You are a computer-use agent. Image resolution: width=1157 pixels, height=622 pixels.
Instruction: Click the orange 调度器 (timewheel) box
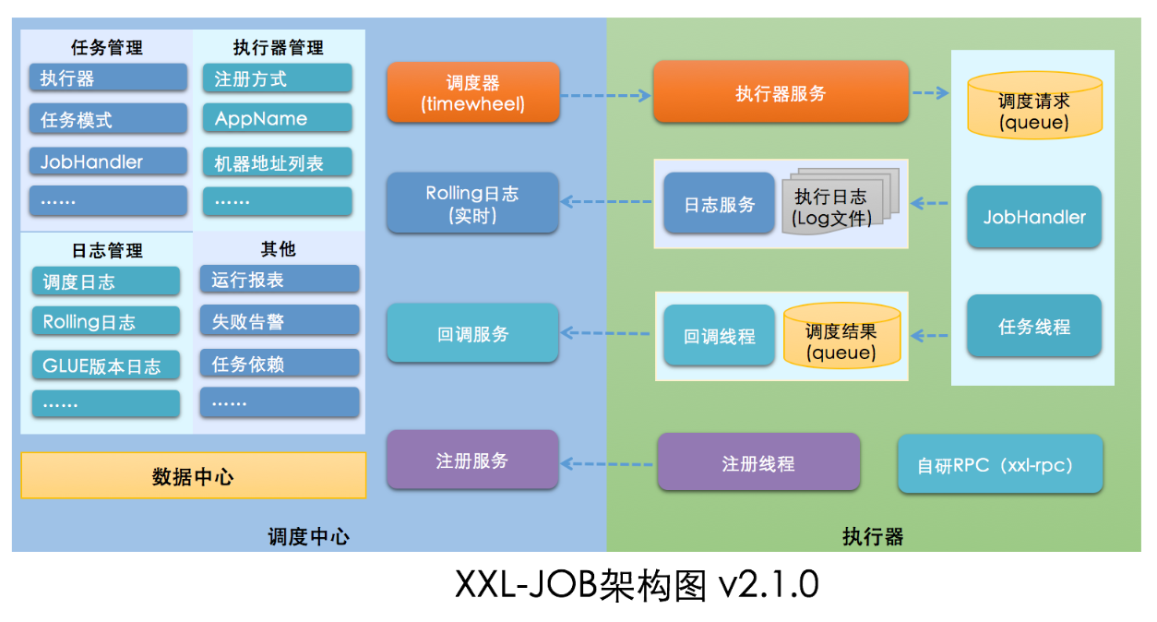pos(472,93)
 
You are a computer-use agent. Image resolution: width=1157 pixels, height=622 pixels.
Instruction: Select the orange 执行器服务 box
pos(781,93)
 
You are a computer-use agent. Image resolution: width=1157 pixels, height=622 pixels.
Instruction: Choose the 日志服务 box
pos(719,204)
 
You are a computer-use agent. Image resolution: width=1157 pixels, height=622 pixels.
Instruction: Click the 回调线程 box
pos(719,336)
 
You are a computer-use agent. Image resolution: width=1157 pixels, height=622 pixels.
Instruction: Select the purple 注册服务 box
pos(472,460)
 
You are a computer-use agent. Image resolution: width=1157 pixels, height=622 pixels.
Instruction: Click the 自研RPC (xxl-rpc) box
pos(999,465)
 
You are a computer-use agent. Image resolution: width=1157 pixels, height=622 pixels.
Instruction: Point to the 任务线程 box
pos(1033,327)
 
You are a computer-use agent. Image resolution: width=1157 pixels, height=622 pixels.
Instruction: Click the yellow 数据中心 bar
pos(193,476)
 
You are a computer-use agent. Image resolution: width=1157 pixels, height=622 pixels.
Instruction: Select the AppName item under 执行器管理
pos(277,118)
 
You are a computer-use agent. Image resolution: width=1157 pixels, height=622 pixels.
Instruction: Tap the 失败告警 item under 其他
pos(279,321)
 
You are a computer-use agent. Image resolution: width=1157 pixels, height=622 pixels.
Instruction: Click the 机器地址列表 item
pos(277,163)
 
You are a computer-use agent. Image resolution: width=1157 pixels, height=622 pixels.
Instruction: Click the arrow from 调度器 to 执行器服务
pos(606,95)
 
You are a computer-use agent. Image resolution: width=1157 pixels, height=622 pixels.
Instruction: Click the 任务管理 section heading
pos(107,47)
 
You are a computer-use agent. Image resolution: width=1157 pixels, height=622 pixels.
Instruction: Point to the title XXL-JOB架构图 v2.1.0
pos(637,585)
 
